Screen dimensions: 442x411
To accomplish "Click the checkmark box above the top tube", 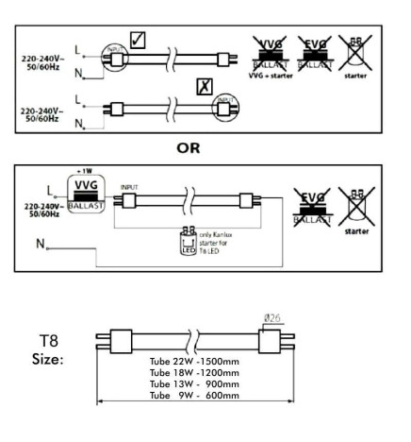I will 139,40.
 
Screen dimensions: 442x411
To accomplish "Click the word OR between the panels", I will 206,148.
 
